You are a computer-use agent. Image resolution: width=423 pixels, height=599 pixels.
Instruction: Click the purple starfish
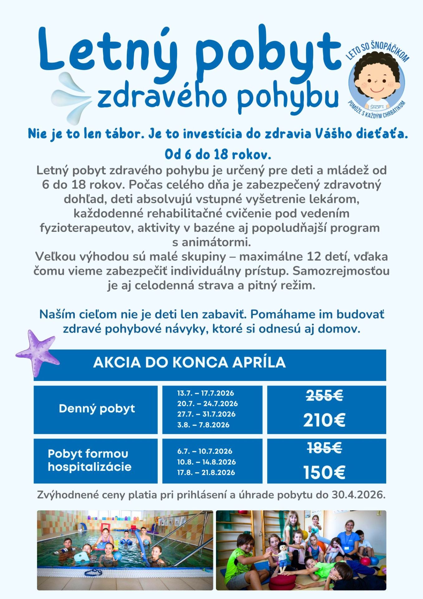coord(37,353)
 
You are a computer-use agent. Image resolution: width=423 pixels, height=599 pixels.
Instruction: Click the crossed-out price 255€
coord(324,396)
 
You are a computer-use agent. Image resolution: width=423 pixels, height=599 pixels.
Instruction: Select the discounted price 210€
coord(324,420)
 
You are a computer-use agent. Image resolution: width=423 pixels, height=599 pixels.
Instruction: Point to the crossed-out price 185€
coord(324,448)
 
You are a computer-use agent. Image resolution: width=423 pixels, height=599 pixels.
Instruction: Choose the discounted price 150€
coord(324,472)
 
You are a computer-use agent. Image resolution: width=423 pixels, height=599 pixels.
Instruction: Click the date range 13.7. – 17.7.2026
coord(205,393)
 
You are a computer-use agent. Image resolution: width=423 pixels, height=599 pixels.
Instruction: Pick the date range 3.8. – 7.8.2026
coord(203,425)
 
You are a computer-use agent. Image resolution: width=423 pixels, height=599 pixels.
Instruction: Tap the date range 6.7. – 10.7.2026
coord(205,451)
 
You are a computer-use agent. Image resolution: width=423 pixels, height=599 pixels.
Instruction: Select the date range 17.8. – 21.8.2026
coord(206,472)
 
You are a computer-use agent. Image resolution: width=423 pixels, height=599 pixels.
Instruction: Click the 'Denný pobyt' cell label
coord(97,408)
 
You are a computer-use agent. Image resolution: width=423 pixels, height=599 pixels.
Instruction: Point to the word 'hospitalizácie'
coord(89,467)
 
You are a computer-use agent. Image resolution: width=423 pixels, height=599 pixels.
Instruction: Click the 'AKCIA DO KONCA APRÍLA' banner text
coord(189,363)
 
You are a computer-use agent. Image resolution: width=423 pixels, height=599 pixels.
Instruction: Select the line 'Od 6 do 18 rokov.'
coord(218,154)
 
